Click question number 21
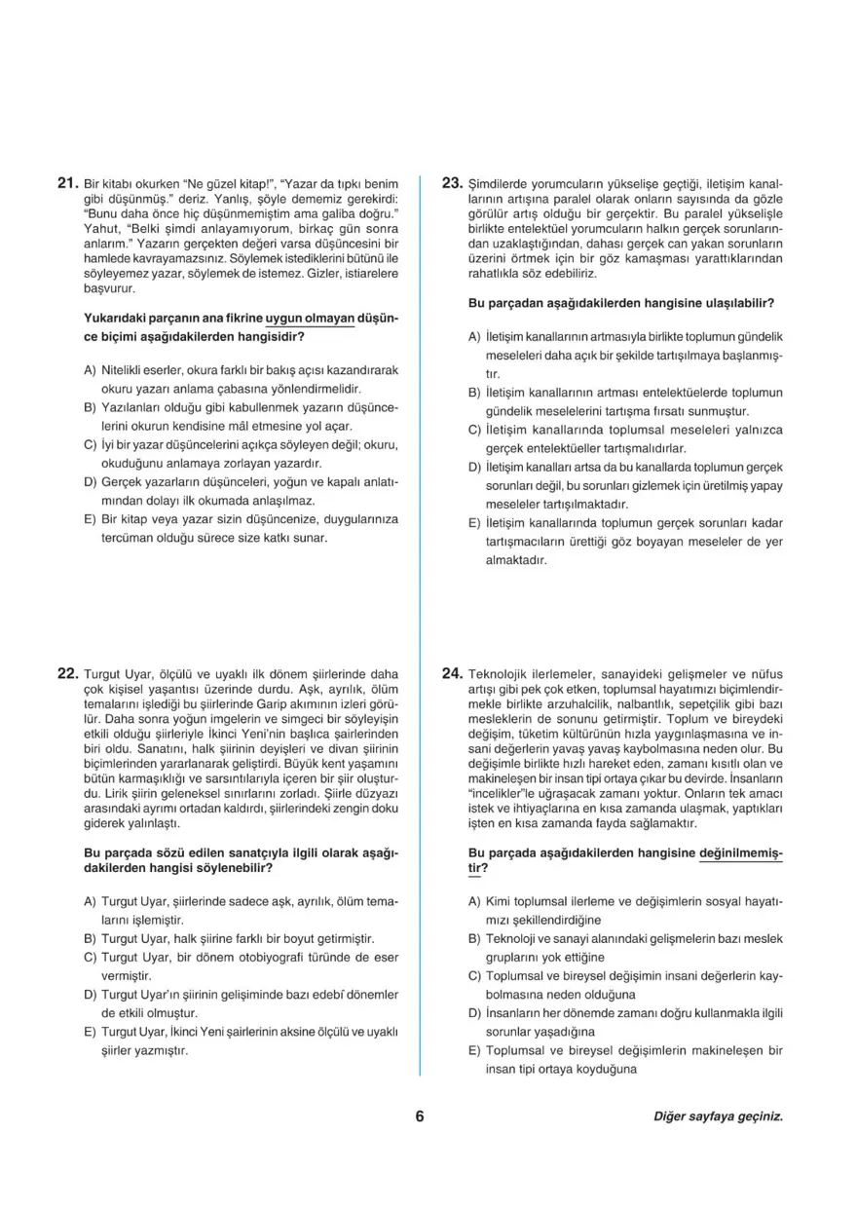click(x=68, y=182)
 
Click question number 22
click(x=68, y=672)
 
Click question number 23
click(x=452, y=182)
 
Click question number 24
click(x=452, y=672)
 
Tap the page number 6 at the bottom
click(x=420, y=1116)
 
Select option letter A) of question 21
click(x=91, y=370)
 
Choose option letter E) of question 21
click(x=91, y=519)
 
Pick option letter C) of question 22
click(x=91, y=958)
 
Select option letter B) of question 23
click(x=474, y=393)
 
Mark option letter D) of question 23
click(x=474, y=468)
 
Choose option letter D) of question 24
click(x=474, y=1013)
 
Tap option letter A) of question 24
click(x=474, y=901)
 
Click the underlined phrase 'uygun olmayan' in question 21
click(x=310, y=319)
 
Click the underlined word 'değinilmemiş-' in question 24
click(x=741, y=852)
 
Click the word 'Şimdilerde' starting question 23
click(x=499, y=183)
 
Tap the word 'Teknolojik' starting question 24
click(x=499, y=673)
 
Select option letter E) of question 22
click(x=91, y=1032)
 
